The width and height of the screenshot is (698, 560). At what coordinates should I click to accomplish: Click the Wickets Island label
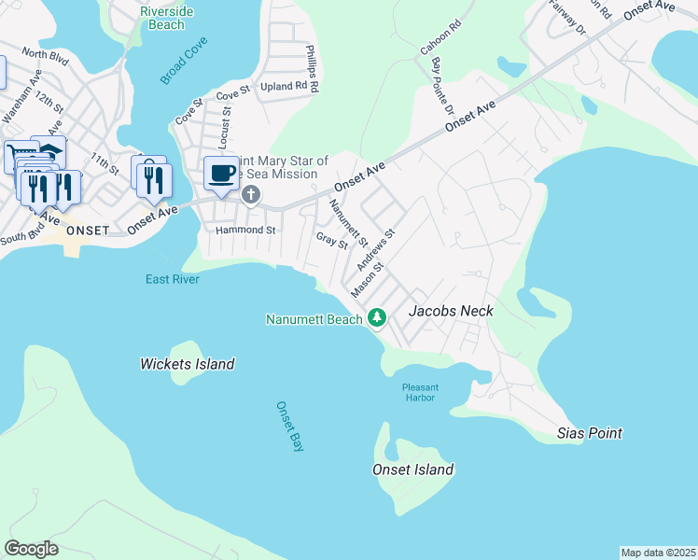coord(187,364)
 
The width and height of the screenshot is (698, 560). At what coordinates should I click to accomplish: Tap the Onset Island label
coord(412,469)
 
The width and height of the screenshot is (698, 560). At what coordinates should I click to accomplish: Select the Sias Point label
coord(589,433)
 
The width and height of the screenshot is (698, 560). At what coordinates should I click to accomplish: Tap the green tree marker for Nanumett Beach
coord(377,318)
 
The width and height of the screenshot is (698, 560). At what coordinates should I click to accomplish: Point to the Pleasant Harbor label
coord(421,392)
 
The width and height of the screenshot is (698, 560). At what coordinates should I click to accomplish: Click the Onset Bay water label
coord(290,427)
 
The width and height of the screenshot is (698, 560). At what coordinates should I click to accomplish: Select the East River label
coord(173,279)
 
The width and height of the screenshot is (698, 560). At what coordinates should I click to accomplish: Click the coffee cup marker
coord(221,174)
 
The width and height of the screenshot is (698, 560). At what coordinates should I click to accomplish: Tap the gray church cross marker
coord(250,194)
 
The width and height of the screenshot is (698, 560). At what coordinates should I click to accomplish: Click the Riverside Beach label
coord(166,18)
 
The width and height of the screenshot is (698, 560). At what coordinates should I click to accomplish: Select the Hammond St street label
coord(245,230)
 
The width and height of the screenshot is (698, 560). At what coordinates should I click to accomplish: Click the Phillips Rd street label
coord(314,67)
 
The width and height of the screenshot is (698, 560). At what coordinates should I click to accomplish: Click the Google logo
coord(31,549)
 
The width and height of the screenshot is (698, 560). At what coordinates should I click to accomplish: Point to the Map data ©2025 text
coord(657,553)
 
